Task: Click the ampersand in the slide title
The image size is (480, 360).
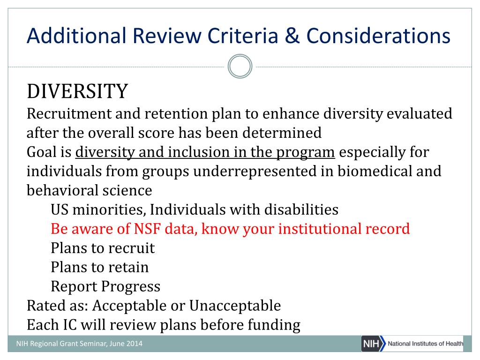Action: click(x=292, y=36)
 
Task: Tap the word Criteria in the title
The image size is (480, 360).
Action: click(x=243, y=36)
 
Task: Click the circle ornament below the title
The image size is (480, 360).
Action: click(x=240, y=67)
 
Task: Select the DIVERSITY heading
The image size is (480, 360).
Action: click(x=77, y=91)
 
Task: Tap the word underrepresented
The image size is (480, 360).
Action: click(x=255, y=171)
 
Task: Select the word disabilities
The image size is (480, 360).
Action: click(x=301, y=210)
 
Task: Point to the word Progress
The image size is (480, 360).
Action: click(x=131, y=287)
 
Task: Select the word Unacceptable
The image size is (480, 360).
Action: click(x=235, y=306)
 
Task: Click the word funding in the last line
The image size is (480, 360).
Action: click(x=274, y=325)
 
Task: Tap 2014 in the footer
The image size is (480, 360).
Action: click(x=135, y=344)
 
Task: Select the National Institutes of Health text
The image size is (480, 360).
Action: click(x=426, y=344)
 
